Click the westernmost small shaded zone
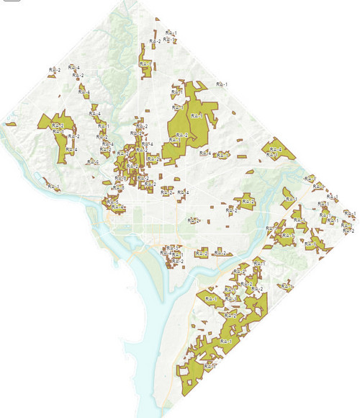(x=10, y=124)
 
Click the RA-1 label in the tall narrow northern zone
(x=146, y=63)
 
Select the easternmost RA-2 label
(x=350, y=231)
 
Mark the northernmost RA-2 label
(x=155, y=41)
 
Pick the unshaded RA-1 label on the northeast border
(x=222, y=84)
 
